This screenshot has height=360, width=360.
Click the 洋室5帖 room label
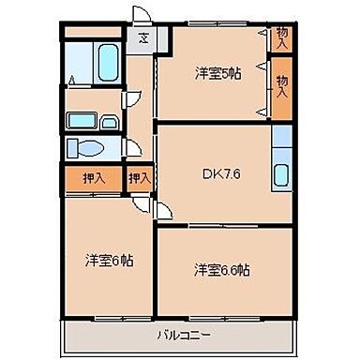217,71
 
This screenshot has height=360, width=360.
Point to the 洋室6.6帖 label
221,269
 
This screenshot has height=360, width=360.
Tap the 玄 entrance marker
144,38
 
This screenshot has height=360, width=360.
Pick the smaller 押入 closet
139,175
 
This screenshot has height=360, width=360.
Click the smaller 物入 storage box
281,37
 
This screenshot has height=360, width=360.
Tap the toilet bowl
91,148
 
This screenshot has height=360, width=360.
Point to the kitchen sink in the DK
281,173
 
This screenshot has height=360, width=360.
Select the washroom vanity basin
90,121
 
